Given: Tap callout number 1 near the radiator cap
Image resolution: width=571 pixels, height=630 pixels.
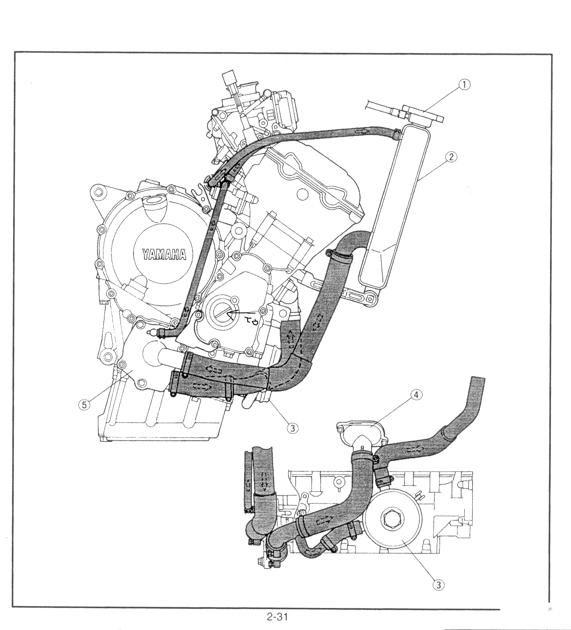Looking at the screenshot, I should click(x=465, y=85).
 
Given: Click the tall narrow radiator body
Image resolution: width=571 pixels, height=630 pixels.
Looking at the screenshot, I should click(x=394, y=203).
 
